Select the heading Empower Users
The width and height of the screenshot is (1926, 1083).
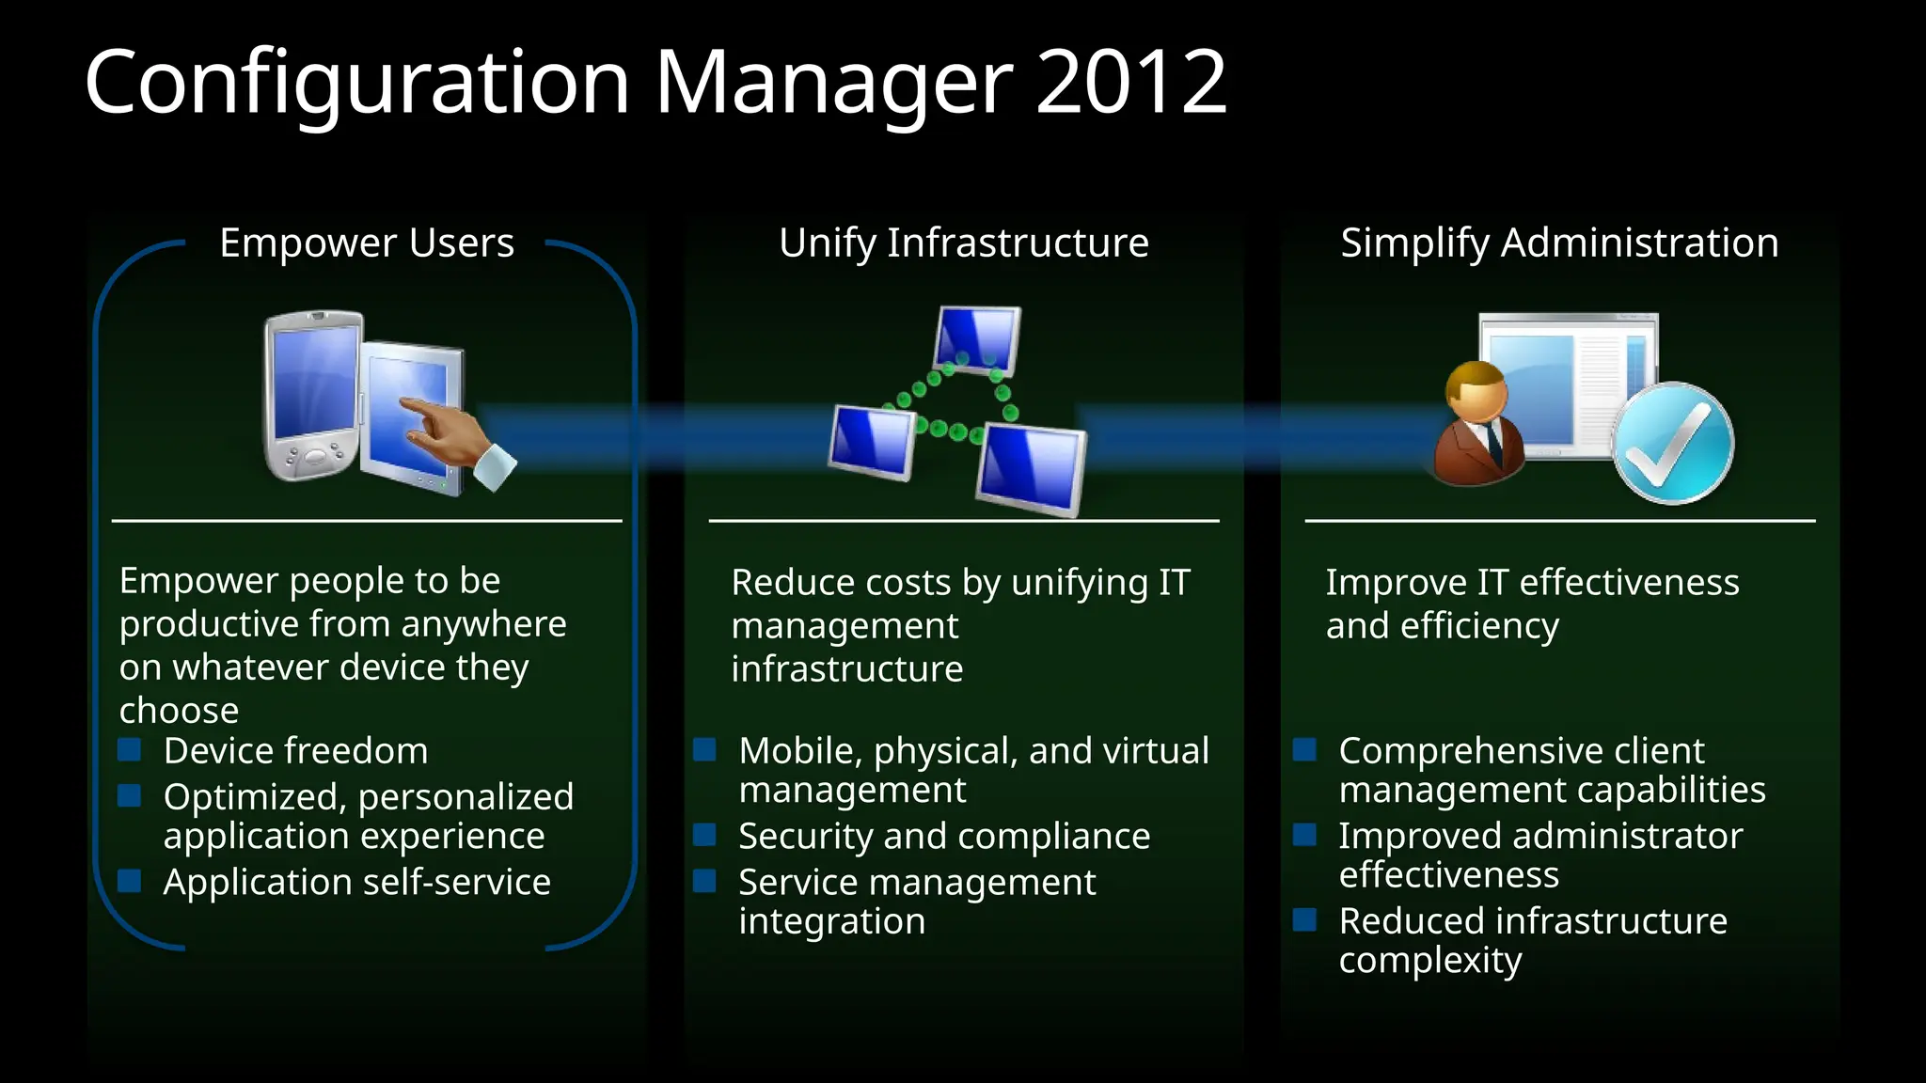click(x=367, y=243)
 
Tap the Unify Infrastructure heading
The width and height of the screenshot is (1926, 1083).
click(x=963, y=243)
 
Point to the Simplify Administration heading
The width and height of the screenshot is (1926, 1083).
click(x=1558, y=243)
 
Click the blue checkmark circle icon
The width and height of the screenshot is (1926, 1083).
click(x=1672, y=443)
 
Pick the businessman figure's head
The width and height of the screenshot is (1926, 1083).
click(x=1476, y=391)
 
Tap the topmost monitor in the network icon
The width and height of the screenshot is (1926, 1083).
click(x=977, y=338)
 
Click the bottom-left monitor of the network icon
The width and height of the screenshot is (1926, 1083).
click(x=872, y=441)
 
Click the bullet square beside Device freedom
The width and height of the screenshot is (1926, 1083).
click(x=130, y=749)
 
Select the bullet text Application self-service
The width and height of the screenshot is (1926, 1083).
click(x=356, y=882)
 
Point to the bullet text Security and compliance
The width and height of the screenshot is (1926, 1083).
click(x=943, y=836)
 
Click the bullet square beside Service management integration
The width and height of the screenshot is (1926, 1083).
click(x=704, y=881)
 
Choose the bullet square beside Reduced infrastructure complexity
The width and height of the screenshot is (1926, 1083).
click(x=1304, y=919)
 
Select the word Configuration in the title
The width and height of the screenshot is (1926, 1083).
click(x=356, y=83)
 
